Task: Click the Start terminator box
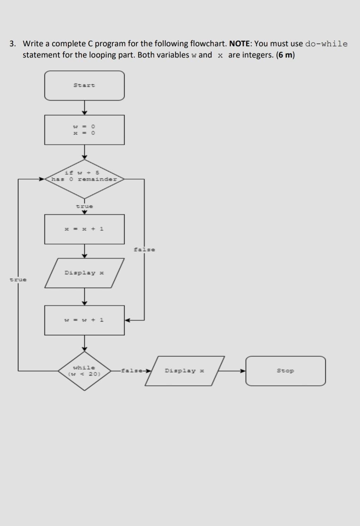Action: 84,86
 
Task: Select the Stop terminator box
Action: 285,371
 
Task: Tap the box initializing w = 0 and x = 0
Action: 84,130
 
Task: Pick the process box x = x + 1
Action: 84,229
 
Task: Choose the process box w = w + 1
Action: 84,320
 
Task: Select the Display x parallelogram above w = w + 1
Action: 84,273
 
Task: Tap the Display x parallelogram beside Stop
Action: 184,371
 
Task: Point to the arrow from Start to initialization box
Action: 84,107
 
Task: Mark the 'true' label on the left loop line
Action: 18,280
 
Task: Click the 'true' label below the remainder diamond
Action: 85,206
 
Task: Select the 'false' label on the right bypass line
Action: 144,250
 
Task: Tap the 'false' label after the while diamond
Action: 132,371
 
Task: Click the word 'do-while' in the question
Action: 326,44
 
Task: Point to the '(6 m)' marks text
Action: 286,55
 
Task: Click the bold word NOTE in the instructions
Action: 240,44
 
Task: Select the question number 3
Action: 13,44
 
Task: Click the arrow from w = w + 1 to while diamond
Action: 84,343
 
